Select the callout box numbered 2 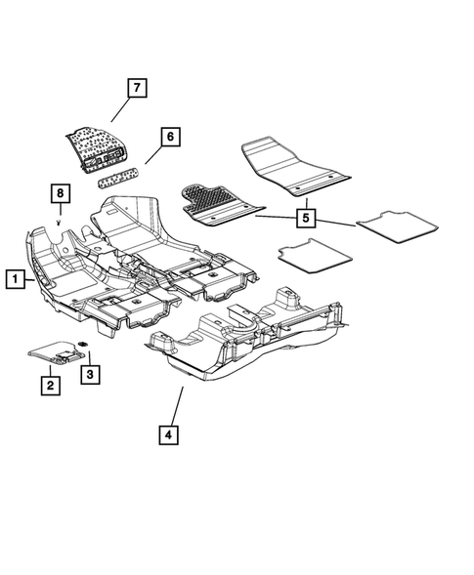tap(49, 386)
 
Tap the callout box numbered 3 tap(90, 374)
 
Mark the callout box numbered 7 tap(136, 89)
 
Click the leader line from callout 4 tap(177, 404)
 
